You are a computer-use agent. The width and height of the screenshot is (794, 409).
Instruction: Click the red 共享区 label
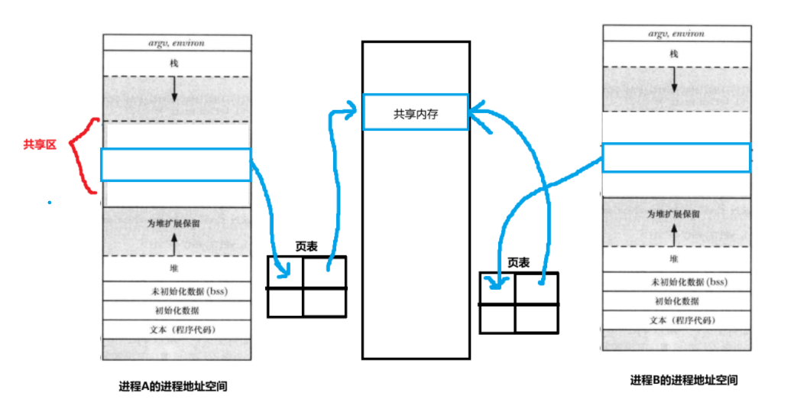point(40,144)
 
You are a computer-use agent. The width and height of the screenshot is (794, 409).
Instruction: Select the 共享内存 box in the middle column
point(416,113)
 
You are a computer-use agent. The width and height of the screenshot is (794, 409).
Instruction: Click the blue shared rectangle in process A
point(176,164)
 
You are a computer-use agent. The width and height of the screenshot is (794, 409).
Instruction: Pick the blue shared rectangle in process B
point(676,157)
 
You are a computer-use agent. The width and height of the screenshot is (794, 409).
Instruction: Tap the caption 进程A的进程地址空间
point(173,387)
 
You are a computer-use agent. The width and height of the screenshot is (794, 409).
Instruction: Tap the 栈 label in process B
point(673,54)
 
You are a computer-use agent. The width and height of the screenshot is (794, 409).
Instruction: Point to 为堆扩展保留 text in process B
point(672,214)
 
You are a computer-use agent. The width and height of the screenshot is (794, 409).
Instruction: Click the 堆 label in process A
point(174,269)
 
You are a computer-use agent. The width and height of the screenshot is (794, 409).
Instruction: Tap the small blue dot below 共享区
point(50,203)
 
